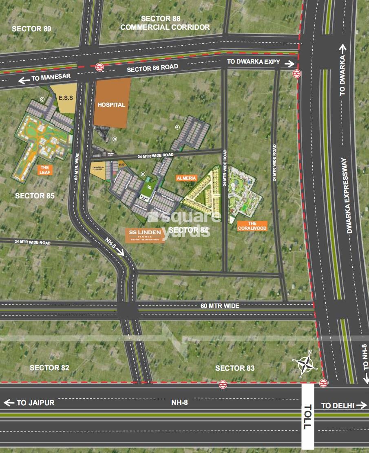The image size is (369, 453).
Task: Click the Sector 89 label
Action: [x=32, y=29]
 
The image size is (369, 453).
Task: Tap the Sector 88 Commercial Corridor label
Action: [x=165, y=23]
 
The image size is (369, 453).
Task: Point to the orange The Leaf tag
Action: [x=44, y=170]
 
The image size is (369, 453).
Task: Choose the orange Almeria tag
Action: [x=186, y=178]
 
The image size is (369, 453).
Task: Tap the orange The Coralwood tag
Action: [x=252, y=226]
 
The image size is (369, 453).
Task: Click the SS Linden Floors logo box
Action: [x=145, y=235]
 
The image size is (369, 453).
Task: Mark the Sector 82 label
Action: [x=49, y=368]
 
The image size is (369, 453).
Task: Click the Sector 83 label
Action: [x=235, y=368]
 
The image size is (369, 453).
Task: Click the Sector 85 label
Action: [x=35, y=196]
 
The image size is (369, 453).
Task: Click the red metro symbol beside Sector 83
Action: [x=223, y=384]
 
